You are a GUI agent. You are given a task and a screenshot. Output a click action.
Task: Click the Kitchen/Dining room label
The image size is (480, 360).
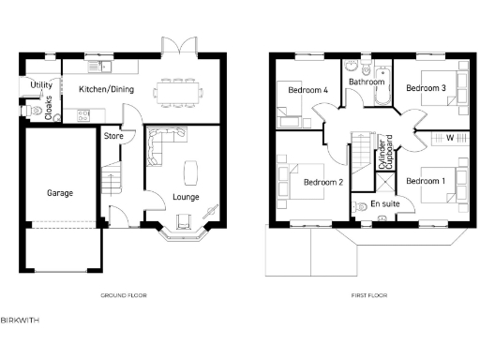click(x=106, y=90)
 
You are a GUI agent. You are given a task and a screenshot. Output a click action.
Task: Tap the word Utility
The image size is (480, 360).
click(x=40, y=85)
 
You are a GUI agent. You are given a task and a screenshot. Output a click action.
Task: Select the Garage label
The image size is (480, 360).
click(x=60, y=193)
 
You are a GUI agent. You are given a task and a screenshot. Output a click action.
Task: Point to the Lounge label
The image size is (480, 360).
click(x=185, y=197)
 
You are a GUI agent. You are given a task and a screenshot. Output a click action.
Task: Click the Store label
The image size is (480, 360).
click(x=112, y=137)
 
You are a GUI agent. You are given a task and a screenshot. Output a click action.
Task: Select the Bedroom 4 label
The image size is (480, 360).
click(x=307, y=90)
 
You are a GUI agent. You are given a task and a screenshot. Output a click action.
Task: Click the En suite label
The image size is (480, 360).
click(x=383, y=202)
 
